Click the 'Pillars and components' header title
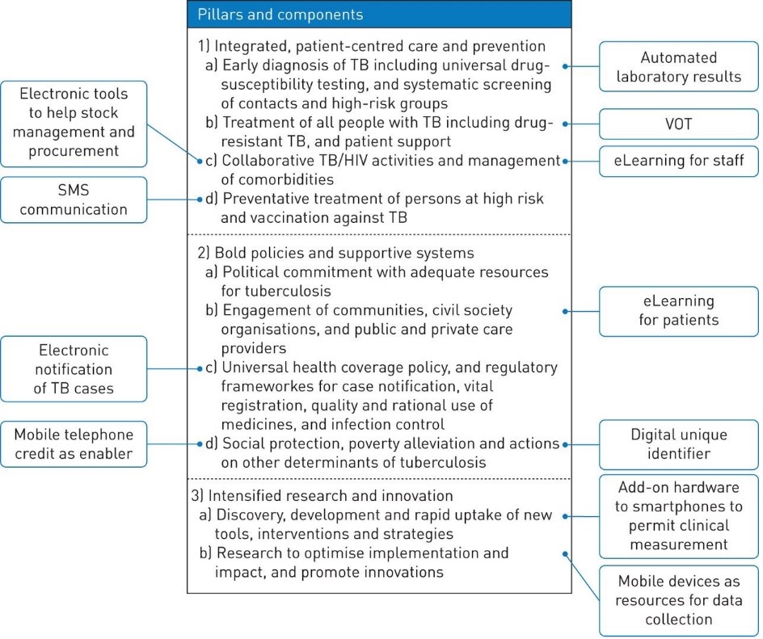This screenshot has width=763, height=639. coord(280,15)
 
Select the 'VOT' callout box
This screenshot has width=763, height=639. coord(678,124)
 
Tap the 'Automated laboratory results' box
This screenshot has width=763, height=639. coord(678,66)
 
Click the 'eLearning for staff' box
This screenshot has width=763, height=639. coord(678,161)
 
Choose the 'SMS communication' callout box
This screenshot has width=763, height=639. coord(74,200)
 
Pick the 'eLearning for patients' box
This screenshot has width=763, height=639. coord(678,311)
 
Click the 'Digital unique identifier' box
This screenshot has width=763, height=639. coord(678,444)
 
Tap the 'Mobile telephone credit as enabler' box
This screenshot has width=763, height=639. coord(74,444)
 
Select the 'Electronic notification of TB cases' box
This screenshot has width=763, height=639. coord(74,369)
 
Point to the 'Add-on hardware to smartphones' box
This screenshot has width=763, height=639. coord(678,516)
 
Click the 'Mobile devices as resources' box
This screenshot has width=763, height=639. coord(678,600)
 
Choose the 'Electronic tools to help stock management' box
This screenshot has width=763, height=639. coord(74,124)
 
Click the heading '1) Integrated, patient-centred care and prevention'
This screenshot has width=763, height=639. coord(371,46)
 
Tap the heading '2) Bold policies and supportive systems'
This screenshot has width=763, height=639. coord(335,253)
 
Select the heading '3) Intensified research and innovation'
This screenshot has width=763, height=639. coord(322,495)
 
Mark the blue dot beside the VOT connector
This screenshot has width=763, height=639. coord(565,124)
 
